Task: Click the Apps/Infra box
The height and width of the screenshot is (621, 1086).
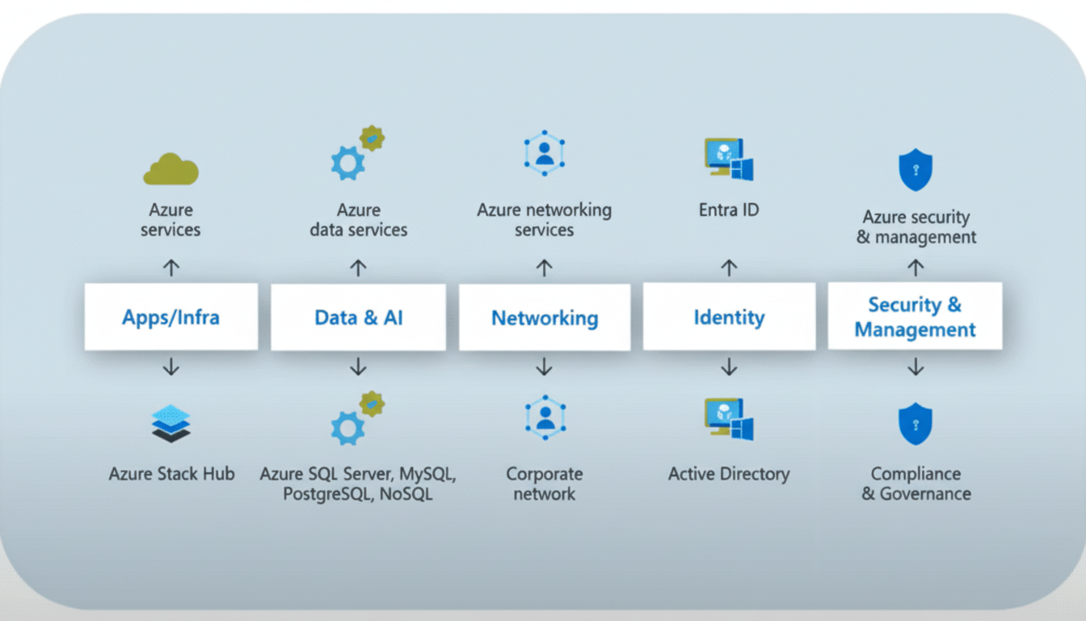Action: [x=170, y=316]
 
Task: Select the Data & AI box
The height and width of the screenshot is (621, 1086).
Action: [x=358, y=316]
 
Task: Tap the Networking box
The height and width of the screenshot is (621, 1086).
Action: [x=545, y=317]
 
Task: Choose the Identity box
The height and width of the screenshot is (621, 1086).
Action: [x=729, y=316]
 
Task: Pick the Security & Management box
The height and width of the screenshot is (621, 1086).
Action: [x=915, y=316]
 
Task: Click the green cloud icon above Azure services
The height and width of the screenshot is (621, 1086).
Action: [x=170, y=169]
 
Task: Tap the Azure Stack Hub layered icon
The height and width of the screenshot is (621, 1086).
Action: [x=171, y=424]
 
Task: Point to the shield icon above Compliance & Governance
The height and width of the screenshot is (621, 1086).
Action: [x=916, y=425]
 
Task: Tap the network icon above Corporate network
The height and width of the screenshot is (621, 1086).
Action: [x=545, y=417]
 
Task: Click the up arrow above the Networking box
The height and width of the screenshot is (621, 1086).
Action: [x=545, y=267]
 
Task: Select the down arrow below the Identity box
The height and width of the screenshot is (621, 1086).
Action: [x=729, y=367]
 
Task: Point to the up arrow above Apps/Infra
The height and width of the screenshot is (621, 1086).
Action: [x=170, y=267]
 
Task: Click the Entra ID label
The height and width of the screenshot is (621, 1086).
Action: [x=729, y=210]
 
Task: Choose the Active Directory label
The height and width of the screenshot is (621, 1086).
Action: [x=729, y=474]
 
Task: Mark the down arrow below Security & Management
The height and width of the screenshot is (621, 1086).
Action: [x=916, y=367]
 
